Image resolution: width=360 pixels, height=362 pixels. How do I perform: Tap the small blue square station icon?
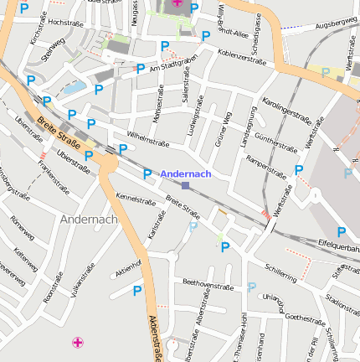[185, 185]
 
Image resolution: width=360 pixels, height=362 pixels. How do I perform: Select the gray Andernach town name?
[88, 219]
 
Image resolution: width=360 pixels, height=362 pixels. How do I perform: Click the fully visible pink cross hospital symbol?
[78, 342]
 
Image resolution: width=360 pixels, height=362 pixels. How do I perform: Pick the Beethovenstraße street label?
[208, 286]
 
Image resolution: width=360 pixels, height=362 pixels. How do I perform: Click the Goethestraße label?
[305, 318]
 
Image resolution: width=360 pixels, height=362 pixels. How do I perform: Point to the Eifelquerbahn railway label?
[338, 246]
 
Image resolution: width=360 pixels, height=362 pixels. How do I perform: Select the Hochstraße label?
[67, 23]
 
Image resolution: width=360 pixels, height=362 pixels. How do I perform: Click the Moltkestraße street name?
[168, 108]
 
